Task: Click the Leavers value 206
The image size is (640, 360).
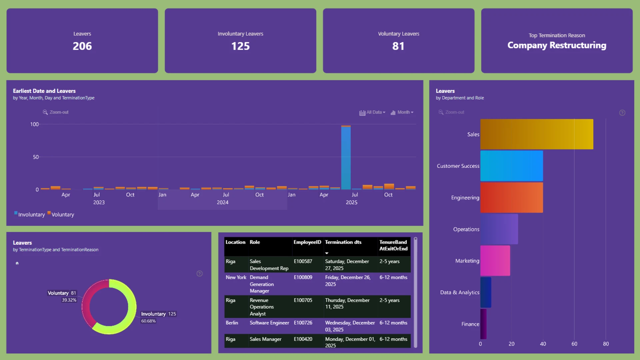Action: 82,46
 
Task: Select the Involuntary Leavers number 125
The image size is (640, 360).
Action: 240,46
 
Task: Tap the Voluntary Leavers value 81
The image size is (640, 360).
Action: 398,46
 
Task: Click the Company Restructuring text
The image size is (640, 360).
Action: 557,45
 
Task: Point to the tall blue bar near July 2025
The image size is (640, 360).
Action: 346,158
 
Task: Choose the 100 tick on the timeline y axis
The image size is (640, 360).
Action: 34,124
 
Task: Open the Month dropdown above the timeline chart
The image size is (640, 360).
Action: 402,112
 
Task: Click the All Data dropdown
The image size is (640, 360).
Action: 372,112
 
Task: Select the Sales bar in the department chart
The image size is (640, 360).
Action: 537,134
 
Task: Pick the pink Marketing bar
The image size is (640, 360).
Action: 495,261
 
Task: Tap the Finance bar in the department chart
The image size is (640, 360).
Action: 483,324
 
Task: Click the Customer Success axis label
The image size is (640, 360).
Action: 458,166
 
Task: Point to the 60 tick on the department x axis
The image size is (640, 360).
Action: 574,344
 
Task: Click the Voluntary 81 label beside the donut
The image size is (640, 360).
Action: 62,293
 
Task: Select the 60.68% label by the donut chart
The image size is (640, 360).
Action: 148,321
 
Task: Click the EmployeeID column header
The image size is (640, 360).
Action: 307,242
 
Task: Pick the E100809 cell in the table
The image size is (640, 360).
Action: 303,277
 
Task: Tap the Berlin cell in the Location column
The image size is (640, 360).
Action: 232,323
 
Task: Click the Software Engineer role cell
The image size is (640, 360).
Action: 269,323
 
